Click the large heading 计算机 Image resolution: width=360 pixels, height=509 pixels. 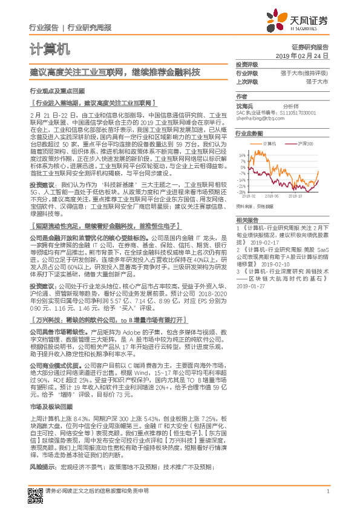point(50,48)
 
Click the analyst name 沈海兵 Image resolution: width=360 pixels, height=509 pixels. point(244,105)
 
